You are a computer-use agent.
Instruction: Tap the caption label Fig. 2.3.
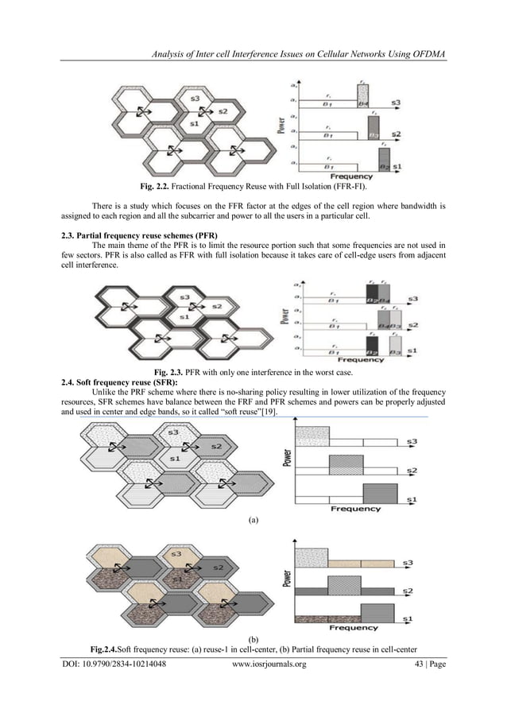(170, 372)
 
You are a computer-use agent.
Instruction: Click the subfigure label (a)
(253, 521)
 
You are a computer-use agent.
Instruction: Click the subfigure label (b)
(253, 639)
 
